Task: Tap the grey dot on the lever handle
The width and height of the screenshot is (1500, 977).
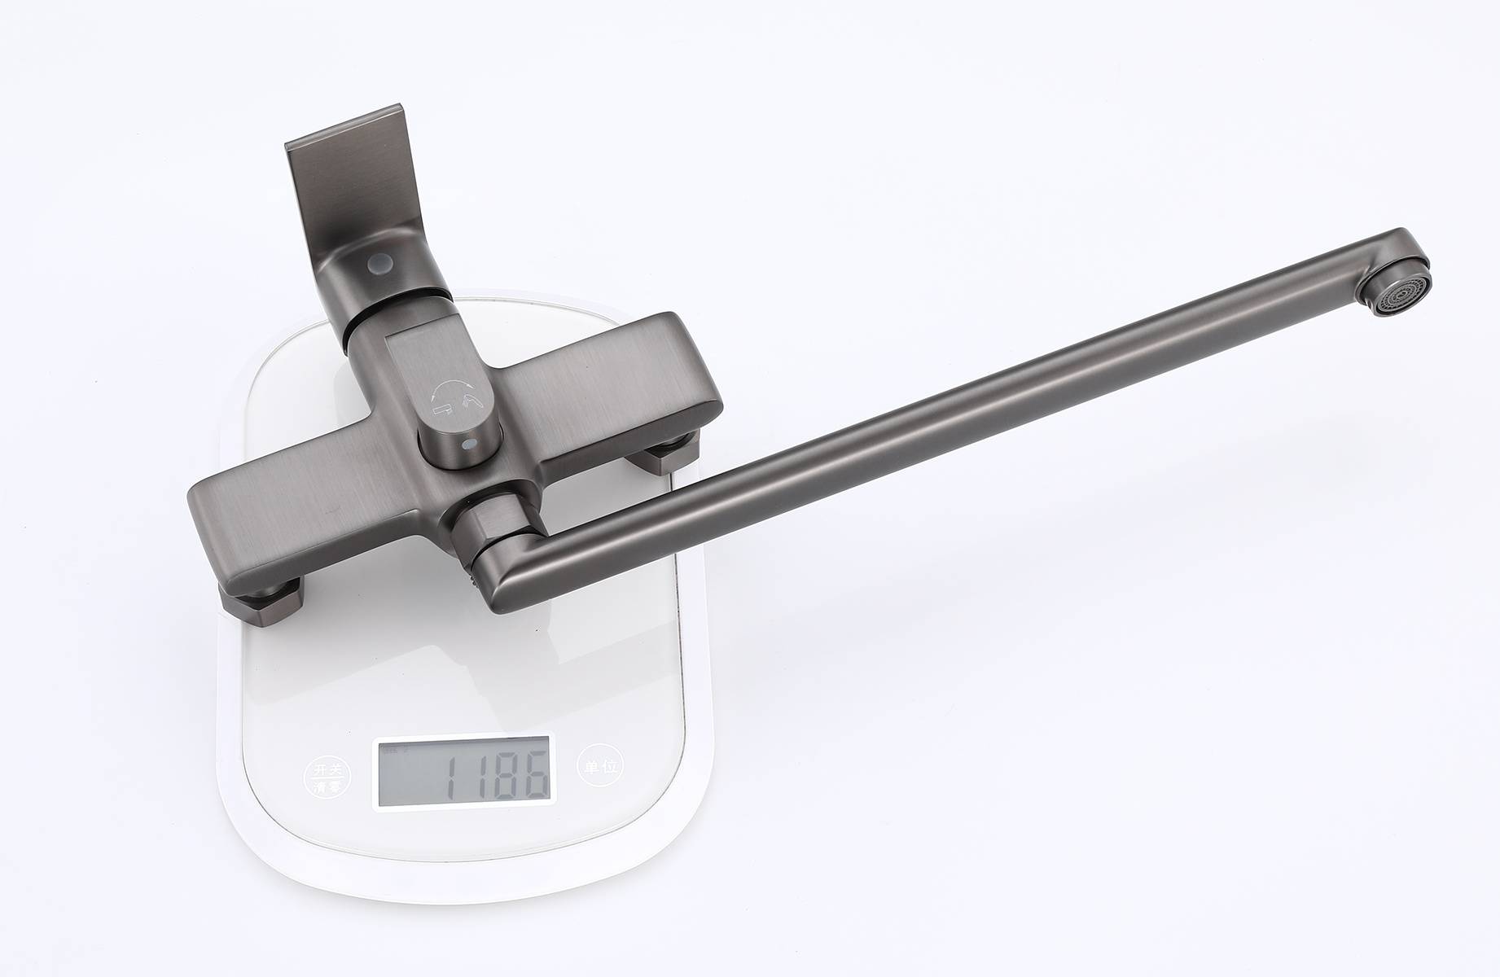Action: point(379,264)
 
